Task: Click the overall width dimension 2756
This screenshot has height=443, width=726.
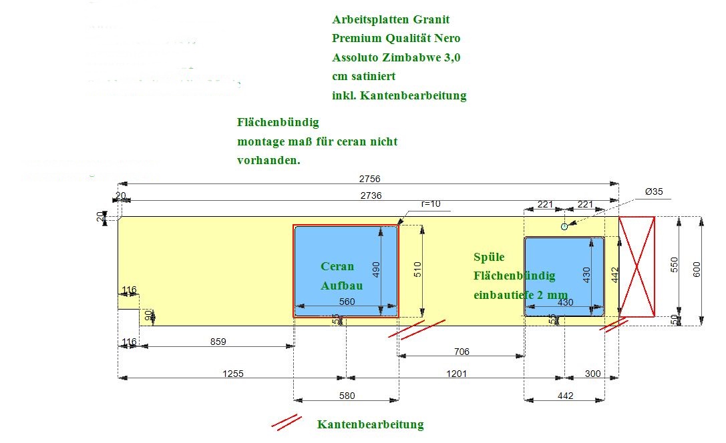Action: pyautogui.click(x=369, y=179)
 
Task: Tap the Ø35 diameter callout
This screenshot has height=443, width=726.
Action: pyautogui.click(x=654, y=191)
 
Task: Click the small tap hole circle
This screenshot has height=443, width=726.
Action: pyautogui.click(x=564, y=227)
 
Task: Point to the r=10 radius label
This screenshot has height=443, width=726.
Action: pyautogui.click(x=431, y=203)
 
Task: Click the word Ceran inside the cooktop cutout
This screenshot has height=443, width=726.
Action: pyautogui.click(x=338, y=266)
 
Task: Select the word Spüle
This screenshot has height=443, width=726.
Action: pyautogui.click(x=489, y=257)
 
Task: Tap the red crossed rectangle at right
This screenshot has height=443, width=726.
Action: pyautogui.click(x=637, y=266)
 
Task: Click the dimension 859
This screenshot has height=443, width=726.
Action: pyautogui.click(x=218, y=342)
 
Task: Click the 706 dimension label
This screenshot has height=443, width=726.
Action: pyautogui.click(x=461, y=352)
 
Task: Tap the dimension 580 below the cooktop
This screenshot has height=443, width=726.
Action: pyautogui.click(x=347, y=396)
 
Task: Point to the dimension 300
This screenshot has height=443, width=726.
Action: pyautogui.click(x=592, y=374)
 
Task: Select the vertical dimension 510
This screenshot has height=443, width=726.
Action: pyautogui.click(x=417, y=270)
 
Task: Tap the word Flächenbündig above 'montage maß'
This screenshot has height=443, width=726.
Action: pyautogui.click(x=278, y=123)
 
